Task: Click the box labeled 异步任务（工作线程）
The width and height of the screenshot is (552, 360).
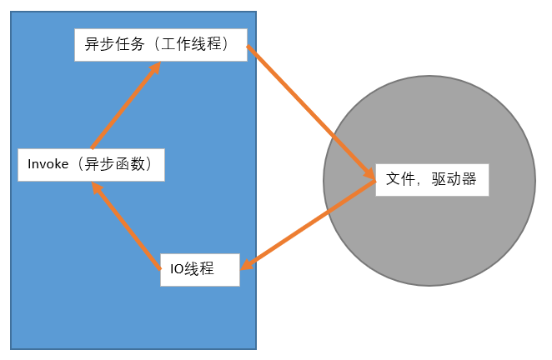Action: pyautogui.click(x=162, y=44)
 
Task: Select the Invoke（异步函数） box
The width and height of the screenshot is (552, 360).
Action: pyautogui.click(x=91, y=164)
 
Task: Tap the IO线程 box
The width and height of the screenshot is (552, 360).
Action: pyautogui.click(x=199, y=268)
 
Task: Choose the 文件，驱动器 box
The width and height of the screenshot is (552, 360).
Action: pyautogui.click(x=431, y=178)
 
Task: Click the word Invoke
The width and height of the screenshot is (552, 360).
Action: pyautogui.click(x=48, y=164)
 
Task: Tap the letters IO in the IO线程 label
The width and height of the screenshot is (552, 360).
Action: pyautogui.click(x=175, y=268)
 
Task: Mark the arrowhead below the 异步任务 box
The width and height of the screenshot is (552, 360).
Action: pyautogui.click(x=154, y=68)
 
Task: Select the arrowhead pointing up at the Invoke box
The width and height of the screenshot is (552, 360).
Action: pyautogui.click(x=97, y=188)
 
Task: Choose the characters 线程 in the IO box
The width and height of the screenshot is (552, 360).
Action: pyautogui.click(x=200, y=268)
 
